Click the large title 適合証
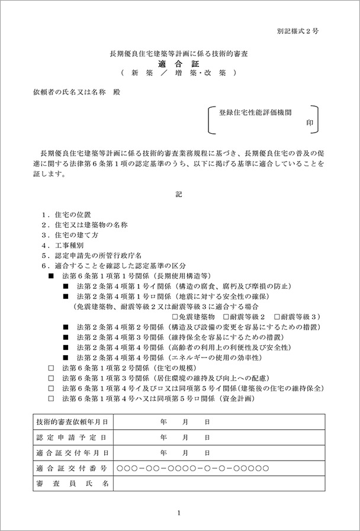[x=179, y=63]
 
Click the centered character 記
[x=179, y=194]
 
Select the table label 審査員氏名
[x=72, y=484]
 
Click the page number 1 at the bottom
[x=179, y=513]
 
